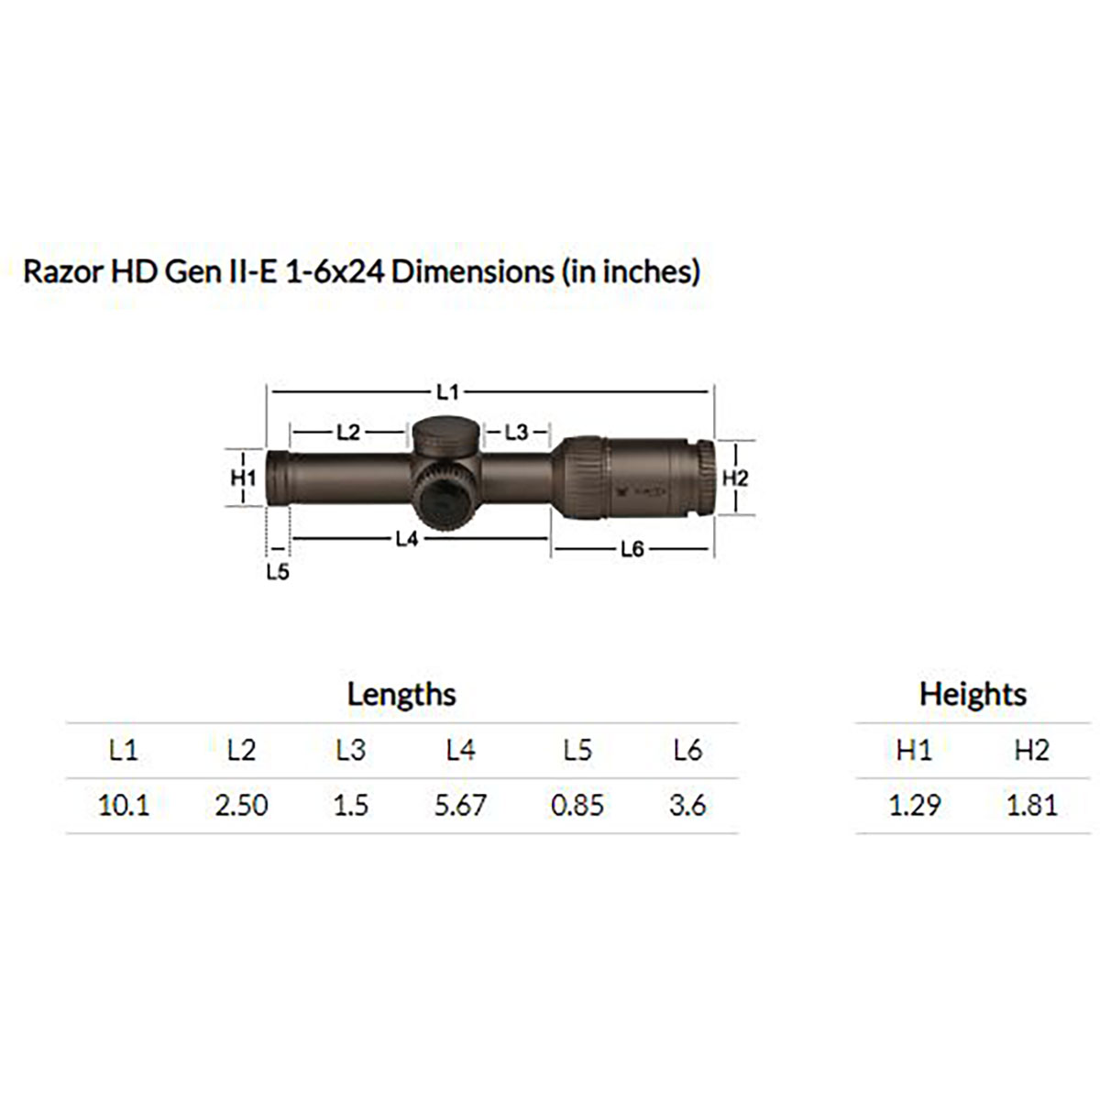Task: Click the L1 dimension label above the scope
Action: point(447,392)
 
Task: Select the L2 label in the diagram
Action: point(348,432)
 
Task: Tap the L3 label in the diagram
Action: point(517,432)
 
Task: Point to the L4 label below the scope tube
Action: point(407,539)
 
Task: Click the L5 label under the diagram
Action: point(278,573)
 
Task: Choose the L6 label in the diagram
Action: point(632,549)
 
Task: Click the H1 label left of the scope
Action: point(243,478)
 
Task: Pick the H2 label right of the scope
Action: point(735,478)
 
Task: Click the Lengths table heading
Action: point(401,694)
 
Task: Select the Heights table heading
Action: point(973,694)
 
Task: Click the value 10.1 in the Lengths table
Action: point(124,806)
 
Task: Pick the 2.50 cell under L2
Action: point(241,806)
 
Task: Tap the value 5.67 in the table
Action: point(460,806)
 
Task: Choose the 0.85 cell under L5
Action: point(577,806)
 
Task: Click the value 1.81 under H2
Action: point(1031,806)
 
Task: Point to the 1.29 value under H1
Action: point(914,806)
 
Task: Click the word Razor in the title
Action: point(57,272)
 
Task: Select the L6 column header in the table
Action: point(687,751)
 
